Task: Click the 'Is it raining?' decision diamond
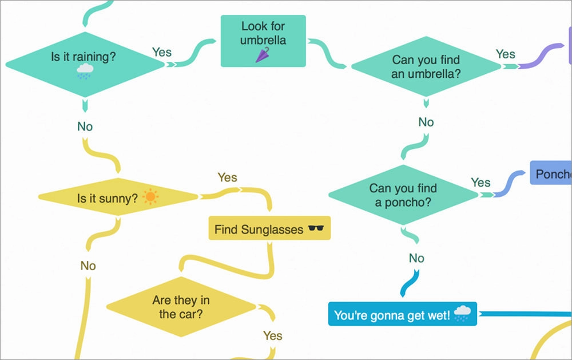pyautogui.click(x=85, y=64)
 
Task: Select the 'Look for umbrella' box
pyautogui.click(x=263, y=41)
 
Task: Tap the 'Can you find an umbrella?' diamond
pyautogui.click(x=426, y=66)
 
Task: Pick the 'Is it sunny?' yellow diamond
pyautogui.click(x=118, y=198)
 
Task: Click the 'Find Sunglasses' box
pyautogui.click(x=269, y=230)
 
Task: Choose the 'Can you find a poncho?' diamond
pyautogui.click(x=403, y=195)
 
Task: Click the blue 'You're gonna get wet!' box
pyautogui.click(x=402, y=314)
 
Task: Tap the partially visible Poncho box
pyautogui.click(x=551, y=173)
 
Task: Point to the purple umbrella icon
pyautogui.click(x=263, y=55)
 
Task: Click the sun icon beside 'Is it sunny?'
pyautogui.click(x=150, y=197)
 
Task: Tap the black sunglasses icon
pyautogui.click(x=316, y=229)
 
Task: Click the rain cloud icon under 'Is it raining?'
pyautogui.click(x=85, y=72)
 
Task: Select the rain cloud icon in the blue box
pyautogui.click(x=462, y=313)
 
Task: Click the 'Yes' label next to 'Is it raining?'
pyautogui.click(x=162, y=52)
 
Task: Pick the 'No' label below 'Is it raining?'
pyautogui.click(x=85, y=126)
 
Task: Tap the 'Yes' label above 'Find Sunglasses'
pyautogui.click(x=227, y=177)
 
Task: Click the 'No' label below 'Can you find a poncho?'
pyautogui.click(x=416, y=258)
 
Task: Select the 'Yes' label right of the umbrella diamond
pyautogui.click(x=505, y=54)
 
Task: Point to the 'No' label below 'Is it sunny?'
pyautogui.click(x=88, y=266)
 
